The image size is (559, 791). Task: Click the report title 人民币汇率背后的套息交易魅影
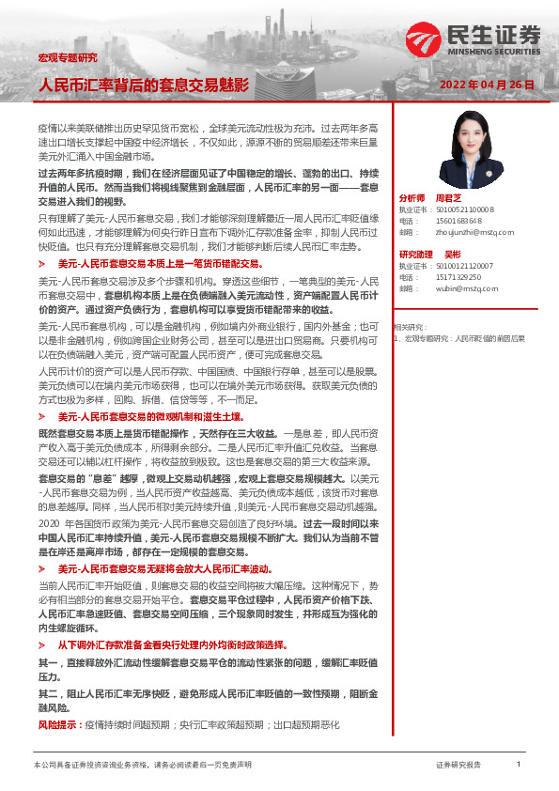point(144,85)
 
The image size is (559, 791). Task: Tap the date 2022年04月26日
point(487,85)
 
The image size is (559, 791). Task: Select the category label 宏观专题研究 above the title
point(67,58)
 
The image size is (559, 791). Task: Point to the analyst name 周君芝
point(448,199)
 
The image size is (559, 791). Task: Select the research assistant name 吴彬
point(452,255)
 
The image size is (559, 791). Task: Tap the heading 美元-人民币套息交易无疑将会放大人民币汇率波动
point(164,569)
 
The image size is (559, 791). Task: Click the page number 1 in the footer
point(519,765)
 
